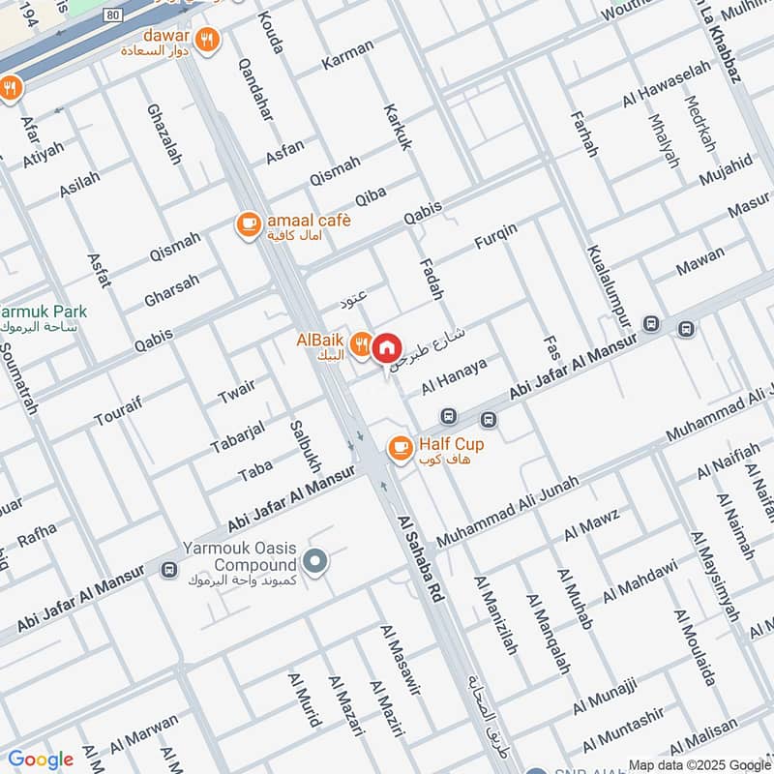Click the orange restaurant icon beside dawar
[x=206, y=40]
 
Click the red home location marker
[x=386, y=346]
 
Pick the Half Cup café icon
[x=400, y=448]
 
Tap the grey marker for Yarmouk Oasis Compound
[x=313, y=560]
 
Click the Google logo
[x=40, y=759]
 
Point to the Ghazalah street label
[x=164, y=134]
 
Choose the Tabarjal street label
[x=237, y=437]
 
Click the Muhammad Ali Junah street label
[x=507, y=511]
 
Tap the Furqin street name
[x=495, y=237]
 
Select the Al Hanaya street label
[x=453, y=374]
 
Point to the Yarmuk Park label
[x=45, y=313]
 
